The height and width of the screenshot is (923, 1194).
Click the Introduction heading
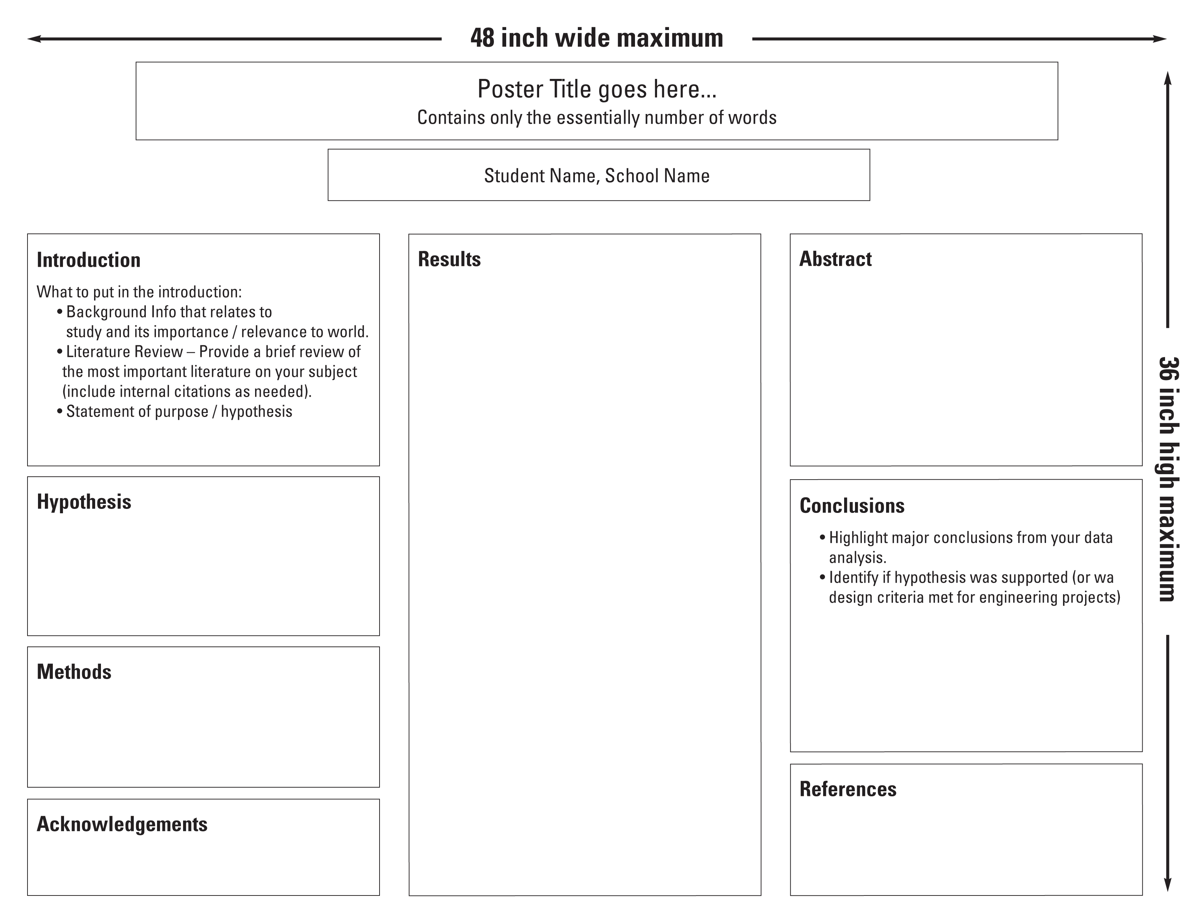pos(89,260)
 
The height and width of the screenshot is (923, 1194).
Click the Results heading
pos(449,259)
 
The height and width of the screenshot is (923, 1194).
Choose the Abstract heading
pos(835,259)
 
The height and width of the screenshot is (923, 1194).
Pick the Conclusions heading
pos(852,506)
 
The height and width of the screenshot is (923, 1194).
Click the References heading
pos(848,789)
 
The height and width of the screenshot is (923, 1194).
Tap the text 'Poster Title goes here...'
pos(596,89)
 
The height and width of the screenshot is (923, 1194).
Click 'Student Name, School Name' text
pos(596,176)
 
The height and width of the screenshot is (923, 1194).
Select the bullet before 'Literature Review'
pos(60,351)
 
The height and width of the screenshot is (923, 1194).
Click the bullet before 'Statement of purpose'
pos(60,411)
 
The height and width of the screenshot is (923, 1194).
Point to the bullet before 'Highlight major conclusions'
pos(822,538)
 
